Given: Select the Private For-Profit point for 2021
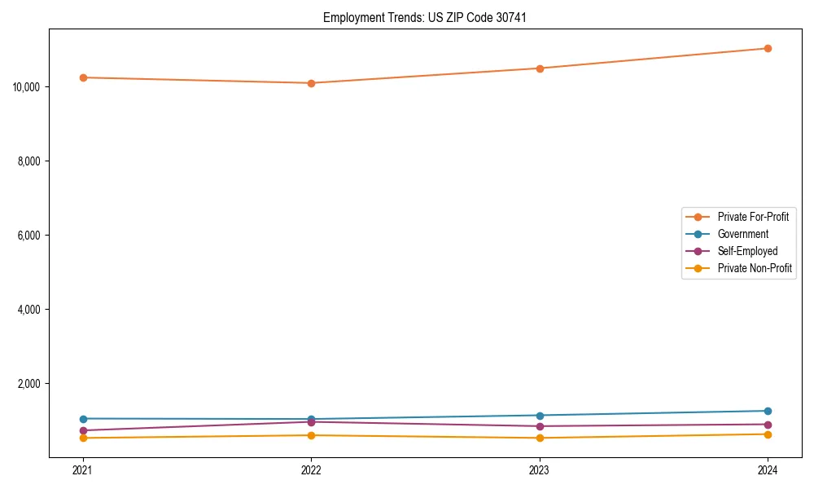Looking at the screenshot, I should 83,77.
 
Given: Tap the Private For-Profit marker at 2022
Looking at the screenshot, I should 311,83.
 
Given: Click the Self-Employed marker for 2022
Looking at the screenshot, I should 311,422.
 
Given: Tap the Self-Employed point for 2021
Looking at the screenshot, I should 83,430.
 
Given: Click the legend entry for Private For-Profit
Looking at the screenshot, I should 753,217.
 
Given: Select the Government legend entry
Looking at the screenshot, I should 742,234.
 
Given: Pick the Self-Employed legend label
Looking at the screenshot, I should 747,251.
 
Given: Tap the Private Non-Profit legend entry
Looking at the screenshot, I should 755,268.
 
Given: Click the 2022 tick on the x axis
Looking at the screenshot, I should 311,470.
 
